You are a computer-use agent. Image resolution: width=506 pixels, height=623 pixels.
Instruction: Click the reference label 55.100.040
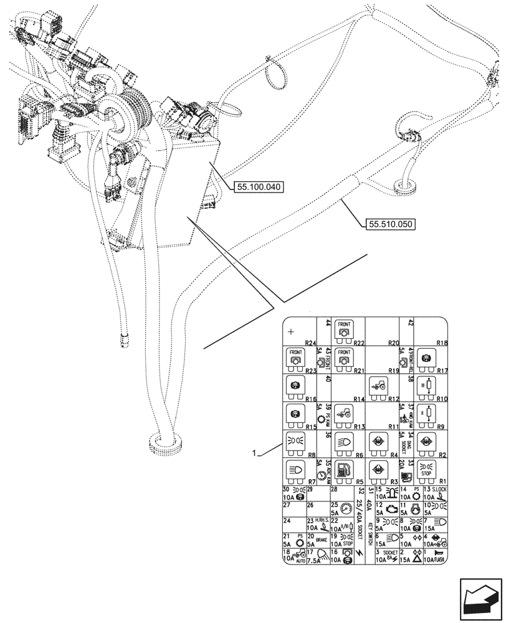(259, 186)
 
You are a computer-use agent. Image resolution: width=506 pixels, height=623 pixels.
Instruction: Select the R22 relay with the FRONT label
(344, 330)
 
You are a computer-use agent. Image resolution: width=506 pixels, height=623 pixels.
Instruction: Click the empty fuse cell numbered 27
(294, 509)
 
